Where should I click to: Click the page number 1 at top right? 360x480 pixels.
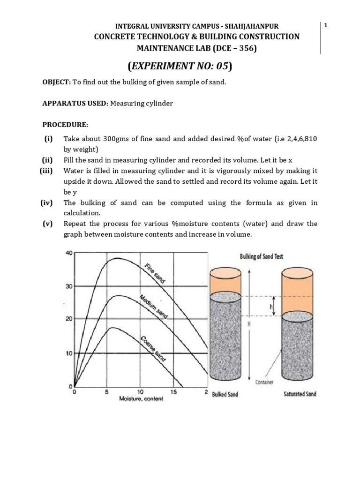click(x=325, y=25)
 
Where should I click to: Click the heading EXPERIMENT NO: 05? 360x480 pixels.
click(x=180, y=66)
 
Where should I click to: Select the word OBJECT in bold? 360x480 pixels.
click(x=56, y=82)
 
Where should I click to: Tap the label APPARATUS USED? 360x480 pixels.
click(x=75, y=103)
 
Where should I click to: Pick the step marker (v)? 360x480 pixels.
click(x=47, y=224)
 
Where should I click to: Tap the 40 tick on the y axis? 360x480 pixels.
click(x=68, y=253)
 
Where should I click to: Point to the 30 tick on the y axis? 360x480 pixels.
click(x=68, y=286)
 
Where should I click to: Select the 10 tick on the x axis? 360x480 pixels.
click(x=140, y=391)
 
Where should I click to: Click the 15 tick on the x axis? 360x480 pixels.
click(x=174, y=391)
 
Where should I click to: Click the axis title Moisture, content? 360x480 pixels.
click(x=141, y=398)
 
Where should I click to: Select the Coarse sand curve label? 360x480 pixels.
click(x=153, y=348)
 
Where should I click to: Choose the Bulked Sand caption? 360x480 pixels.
click(x=225, y=394)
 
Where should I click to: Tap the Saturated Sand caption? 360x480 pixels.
click(x=300, y=394)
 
